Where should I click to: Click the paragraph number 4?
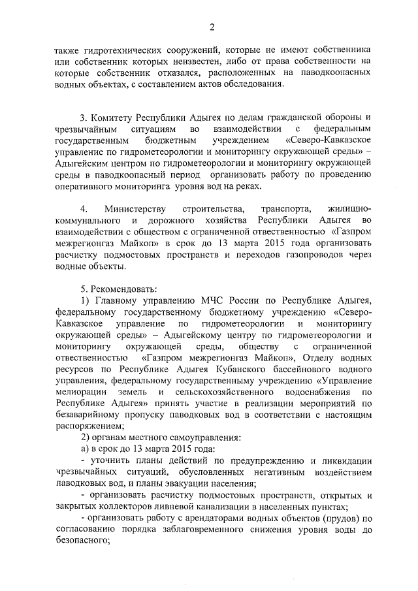click(84, 210)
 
